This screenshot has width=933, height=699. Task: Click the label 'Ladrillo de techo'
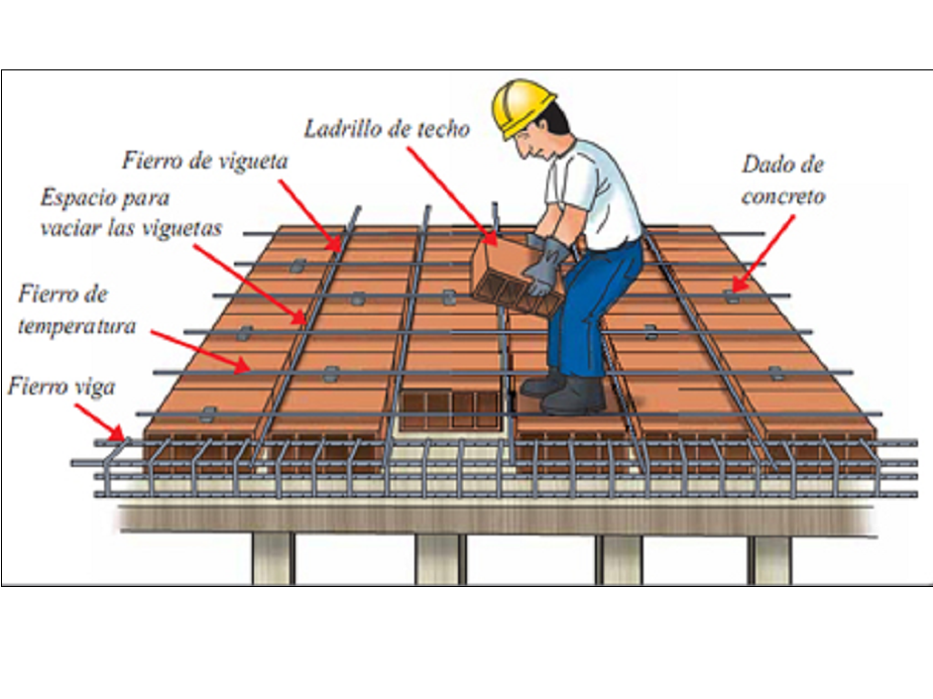(x=387, y=128)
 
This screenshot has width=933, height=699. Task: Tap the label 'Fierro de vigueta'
(x=205, y=160)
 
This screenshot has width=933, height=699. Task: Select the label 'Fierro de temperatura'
(x=76, y=309)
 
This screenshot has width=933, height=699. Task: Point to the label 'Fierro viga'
(x=61, y=386)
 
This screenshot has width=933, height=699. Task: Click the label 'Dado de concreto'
(x=782, y=179)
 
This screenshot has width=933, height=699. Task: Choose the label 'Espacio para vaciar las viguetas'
(x=131, y=211)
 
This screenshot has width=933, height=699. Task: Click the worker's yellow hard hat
(x=522, y=105)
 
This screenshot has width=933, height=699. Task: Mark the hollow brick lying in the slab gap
(x=448, y=408)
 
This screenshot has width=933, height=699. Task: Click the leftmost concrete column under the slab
(x=272, y=558)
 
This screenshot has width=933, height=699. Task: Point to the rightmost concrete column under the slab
(x=769, y=558)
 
